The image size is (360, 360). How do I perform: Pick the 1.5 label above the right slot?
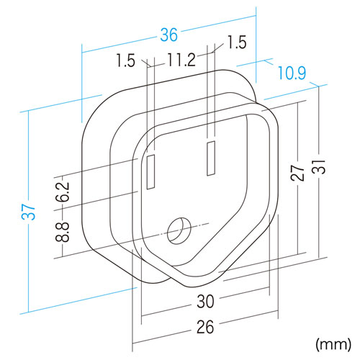pos(235,42)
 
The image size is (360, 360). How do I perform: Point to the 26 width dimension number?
pos(204,328)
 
